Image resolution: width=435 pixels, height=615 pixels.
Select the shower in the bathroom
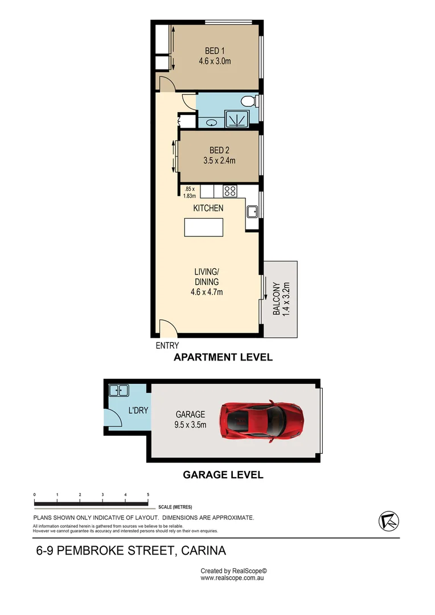pos(236,119)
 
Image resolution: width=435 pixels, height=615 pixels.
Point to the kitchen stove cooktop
pos(230,191)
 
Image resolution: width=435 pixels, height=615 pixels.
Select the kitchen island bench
pos(204,227)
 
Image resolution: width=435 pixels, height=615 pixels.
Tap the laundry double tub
pos(118,391)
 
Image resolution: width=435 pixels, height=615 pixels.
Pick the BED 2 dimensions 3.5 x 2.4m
pos(219,161)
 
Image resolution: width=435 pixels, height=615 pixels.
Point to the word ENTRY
pos(167,346)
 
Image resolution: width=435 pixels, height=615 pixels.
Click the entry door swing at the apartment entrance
pos(166,328)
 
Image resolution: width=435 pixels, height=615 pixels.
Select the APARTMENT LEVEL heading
pos(223,358)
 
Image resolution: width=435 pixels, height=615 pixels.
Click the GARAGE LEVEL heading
pos(223,474)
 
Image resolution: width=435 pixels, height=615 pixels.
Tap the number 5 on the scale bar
pos(148,494)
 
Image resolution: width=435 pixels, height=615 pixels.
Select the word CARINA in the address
pos(206,551)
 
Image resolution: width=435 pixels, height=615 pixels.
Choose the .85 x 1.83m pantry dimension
pos(189,192)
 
